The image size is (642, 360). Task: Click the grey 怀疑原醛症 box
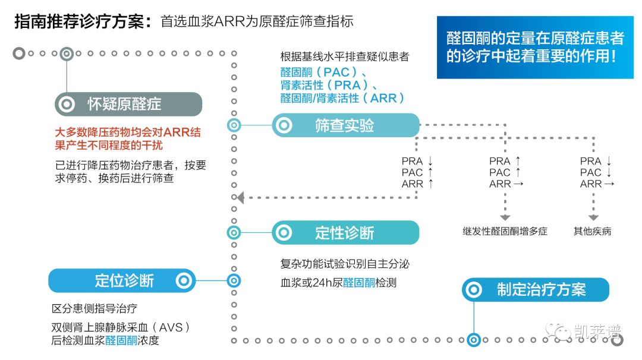pos(128,104)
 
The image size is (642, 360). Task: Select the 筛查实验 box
pos(345,125)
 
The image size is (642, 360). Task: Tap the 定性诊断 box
pos(345,233)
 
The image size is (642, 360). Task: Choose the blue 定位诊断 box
pos(122,280)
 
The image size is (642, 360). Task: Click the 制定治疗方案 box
pos(536,290)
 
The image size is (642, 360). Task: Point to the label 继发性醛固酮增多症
pos(505,232)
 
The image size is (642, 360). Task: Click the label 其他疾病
pos(592,232)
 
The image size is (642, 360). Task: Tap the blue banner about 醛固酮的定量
pos(535,48)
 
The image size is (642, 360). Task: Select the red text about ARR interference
pos(128,138)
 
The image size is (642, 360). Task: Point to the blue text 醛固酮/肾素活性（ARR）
pos(342,98)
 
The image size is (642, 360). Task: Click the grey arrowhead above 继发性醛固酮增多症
pos(505,217)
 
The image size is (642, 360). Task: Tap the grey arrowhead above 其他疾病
pos(593,217)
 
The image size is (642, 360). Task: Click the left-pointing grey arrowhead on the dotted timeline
pos(241,198)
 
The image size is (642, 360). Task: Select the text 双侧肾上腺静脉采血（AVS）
pos(121,327)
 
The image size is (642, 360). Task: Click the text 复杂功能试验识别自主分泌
pos(345,264)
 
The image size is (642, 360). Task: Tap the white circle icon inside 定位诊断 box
pos(184,280)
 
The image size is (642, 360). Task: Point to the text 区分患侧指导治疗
pos(94,308)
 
